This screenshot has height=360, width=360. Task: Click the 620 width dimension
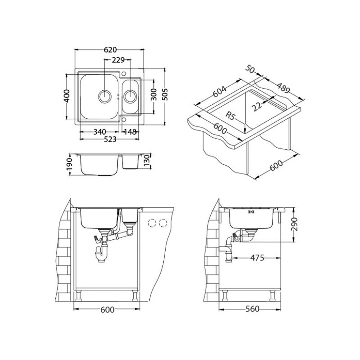[110, 50]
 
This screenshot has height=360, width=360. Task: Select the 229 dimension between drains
[118, 60]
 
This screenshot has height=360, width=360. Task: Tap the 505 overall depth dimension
[165, 94]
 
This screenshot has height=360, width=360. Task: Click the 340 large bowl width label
[100, 132]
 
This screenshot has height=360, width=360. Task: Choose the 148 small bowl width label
[130, 132]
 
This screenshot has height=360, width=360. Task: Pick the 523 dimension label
[110, 139]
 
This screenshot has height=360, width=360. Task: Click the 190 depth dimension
[69, 164]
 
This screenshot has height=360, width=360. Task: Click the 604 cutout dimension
[220, 91]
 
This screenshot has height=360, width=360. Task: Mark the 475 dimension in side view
[257, 258]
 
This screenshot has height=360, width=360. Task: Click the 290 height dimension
[294, 224]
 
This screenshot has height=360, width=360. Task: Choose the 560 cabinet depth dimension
[252, 309]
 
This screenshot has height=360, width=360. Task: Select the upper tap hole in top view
[124, 74]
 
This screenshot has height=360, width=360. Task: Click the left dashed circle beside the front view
[152, 223]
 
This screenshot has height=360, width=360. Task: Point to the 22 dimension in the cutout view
[257, 106]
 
